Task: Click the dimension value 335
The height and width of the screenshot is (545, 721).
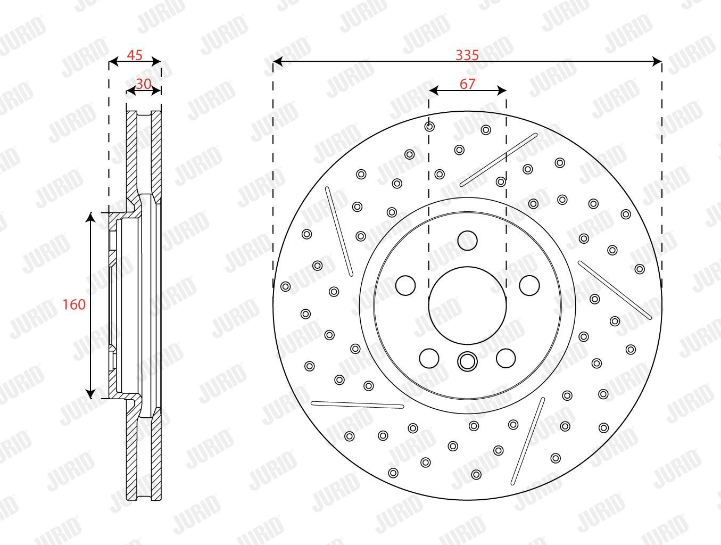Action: point(467,55)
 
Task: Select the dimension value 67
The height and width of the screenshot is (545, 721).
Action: point(467,84)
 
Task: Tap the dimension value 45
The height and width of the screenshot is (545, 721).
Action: point(135,55)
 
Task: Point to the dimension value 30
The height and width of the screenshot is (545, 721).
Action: point(144,84)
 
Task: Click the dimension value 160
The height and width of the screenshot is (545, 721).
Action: point(74,304)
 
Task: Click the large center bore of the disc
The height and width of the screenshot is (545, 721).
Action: point(467,305)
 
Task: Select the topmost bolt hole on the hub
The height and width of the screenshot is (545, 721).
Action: point(467,240)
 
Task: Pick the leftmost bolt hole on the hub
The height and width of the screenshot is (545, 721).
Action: point(405,285)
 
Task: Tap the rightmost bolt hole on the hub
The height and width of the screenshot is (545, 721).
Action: point(529,285)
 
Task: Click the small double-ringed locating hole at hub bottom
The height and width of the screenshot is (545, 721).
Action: point(467,361)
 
